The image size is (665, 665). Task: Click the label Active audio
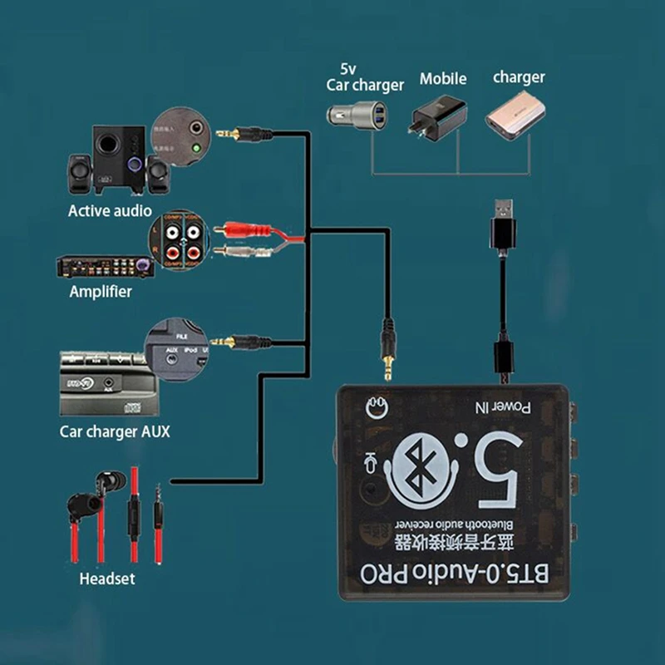tap(111, 210)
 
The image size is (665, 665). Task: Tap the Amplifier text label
tap(100, 292)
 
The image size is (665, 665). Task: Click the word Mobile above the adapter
tap(442, 79)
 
